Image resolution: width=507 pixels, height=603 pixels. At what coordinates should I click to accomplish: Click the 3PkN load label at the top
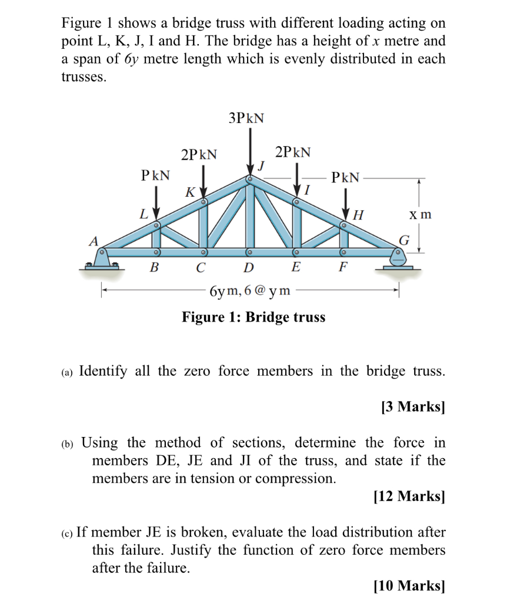[x=246, y=118]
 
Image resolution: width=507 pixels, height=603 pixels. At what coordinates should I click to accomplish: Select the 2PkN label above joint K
[x=199, y=155]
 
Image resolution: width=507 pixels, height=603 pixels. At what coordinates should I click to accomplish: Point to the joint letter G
[x=404, y=240]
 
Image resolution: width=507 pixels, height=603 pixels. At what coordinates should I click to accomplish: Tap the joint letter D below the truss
[x=248, y=269]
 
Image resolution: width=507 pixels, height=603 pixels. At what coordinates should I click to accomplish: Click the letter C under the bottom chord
[x=201, y=269]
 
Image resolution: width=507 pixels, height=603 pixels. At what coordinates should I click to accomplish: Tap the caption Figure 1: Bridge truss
[x=253, y=317]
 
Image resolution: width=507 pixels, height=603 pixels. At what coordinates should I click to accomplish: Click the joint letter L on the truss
[x=143, y=215]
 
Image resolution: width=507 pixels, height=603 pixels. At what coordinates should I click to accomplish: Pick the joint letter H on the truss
[x=358, y=215]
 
